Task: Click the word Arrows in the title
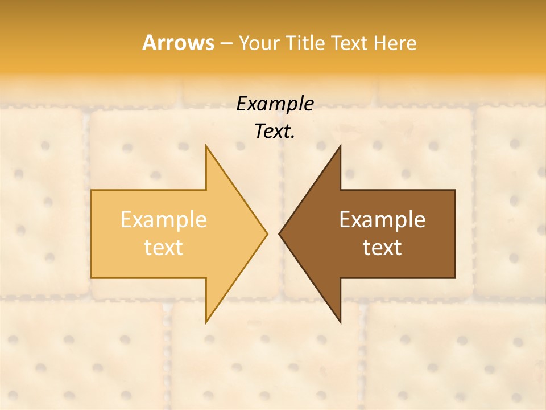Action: click(x=178, y=43)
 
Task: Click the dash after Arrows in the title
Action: click(x=226, y=43)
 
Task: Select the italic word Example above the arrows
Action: click(x=275, y=104)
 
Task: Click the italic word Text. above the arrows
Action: click(x=275, y=132)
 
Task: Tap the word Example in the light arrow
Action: click(x=163, y=219)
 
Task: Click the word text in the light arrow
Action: click(x=163, y=247)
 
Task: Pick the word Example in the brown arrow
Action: click(x=382, y=219)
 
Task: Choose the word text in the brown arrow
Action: click(x=382, y=247)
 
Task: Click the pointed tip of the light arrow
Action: click(x=267, y=233)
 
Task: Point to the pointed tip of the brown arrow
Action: click(x=279, y=233)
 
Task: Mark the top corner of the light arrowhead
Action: click(x=206, y=146)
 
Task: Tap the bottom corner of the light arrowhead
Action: click(x=206, y=322)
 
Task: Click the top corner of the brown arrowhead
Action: click(x=340, y=146)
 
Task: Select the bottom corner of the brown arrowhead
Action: click(x=340, y=322)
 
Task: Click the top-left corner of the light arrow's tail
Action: click(x=92, y=190)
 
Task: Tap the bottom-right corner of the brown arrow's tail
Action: click(x=455, y=278)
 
